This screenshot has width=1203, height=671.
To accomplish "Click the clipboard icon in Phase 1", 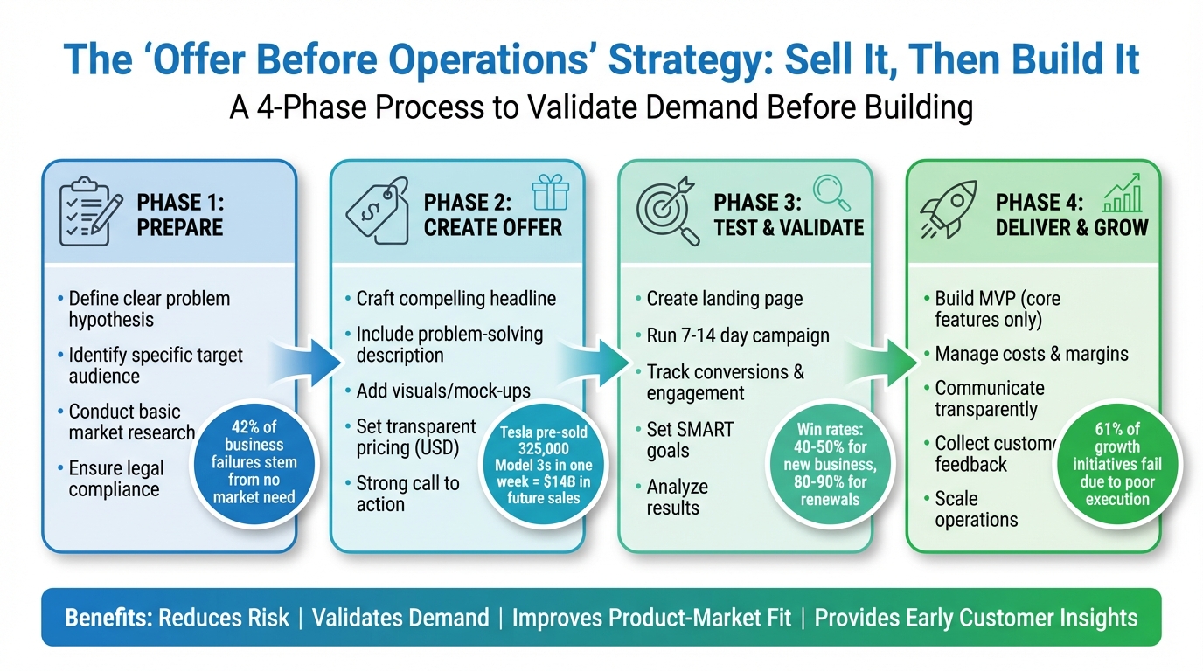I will tap(86, 212).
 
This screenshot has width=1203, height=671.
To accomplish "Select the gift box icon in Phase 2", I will tap(550, 192).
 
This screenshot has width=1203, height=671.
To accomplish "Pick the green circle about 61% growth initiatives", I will tap(1116, 463).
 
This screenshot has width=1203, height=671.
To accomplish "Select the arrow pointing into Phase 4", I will tap(884, 356).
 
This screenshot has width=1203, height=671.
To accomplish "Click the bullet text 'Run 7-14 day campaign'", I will tap(738, 335).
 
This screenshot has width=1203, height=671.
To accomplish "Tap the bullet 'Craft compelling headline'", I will tap(455, 299).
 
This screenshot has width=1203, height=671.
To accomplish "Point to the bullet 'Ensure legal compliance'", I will tap(115, 478).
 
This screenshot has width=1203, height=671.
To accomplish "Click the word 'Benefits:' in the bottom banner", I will tap(108, 618).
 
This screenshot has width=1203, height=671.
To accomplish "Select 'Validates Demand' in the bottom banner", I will tap(400, 618).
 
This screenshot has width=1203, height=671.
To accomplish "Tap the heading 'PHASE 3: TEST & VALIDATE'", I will tap(788, 215).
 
